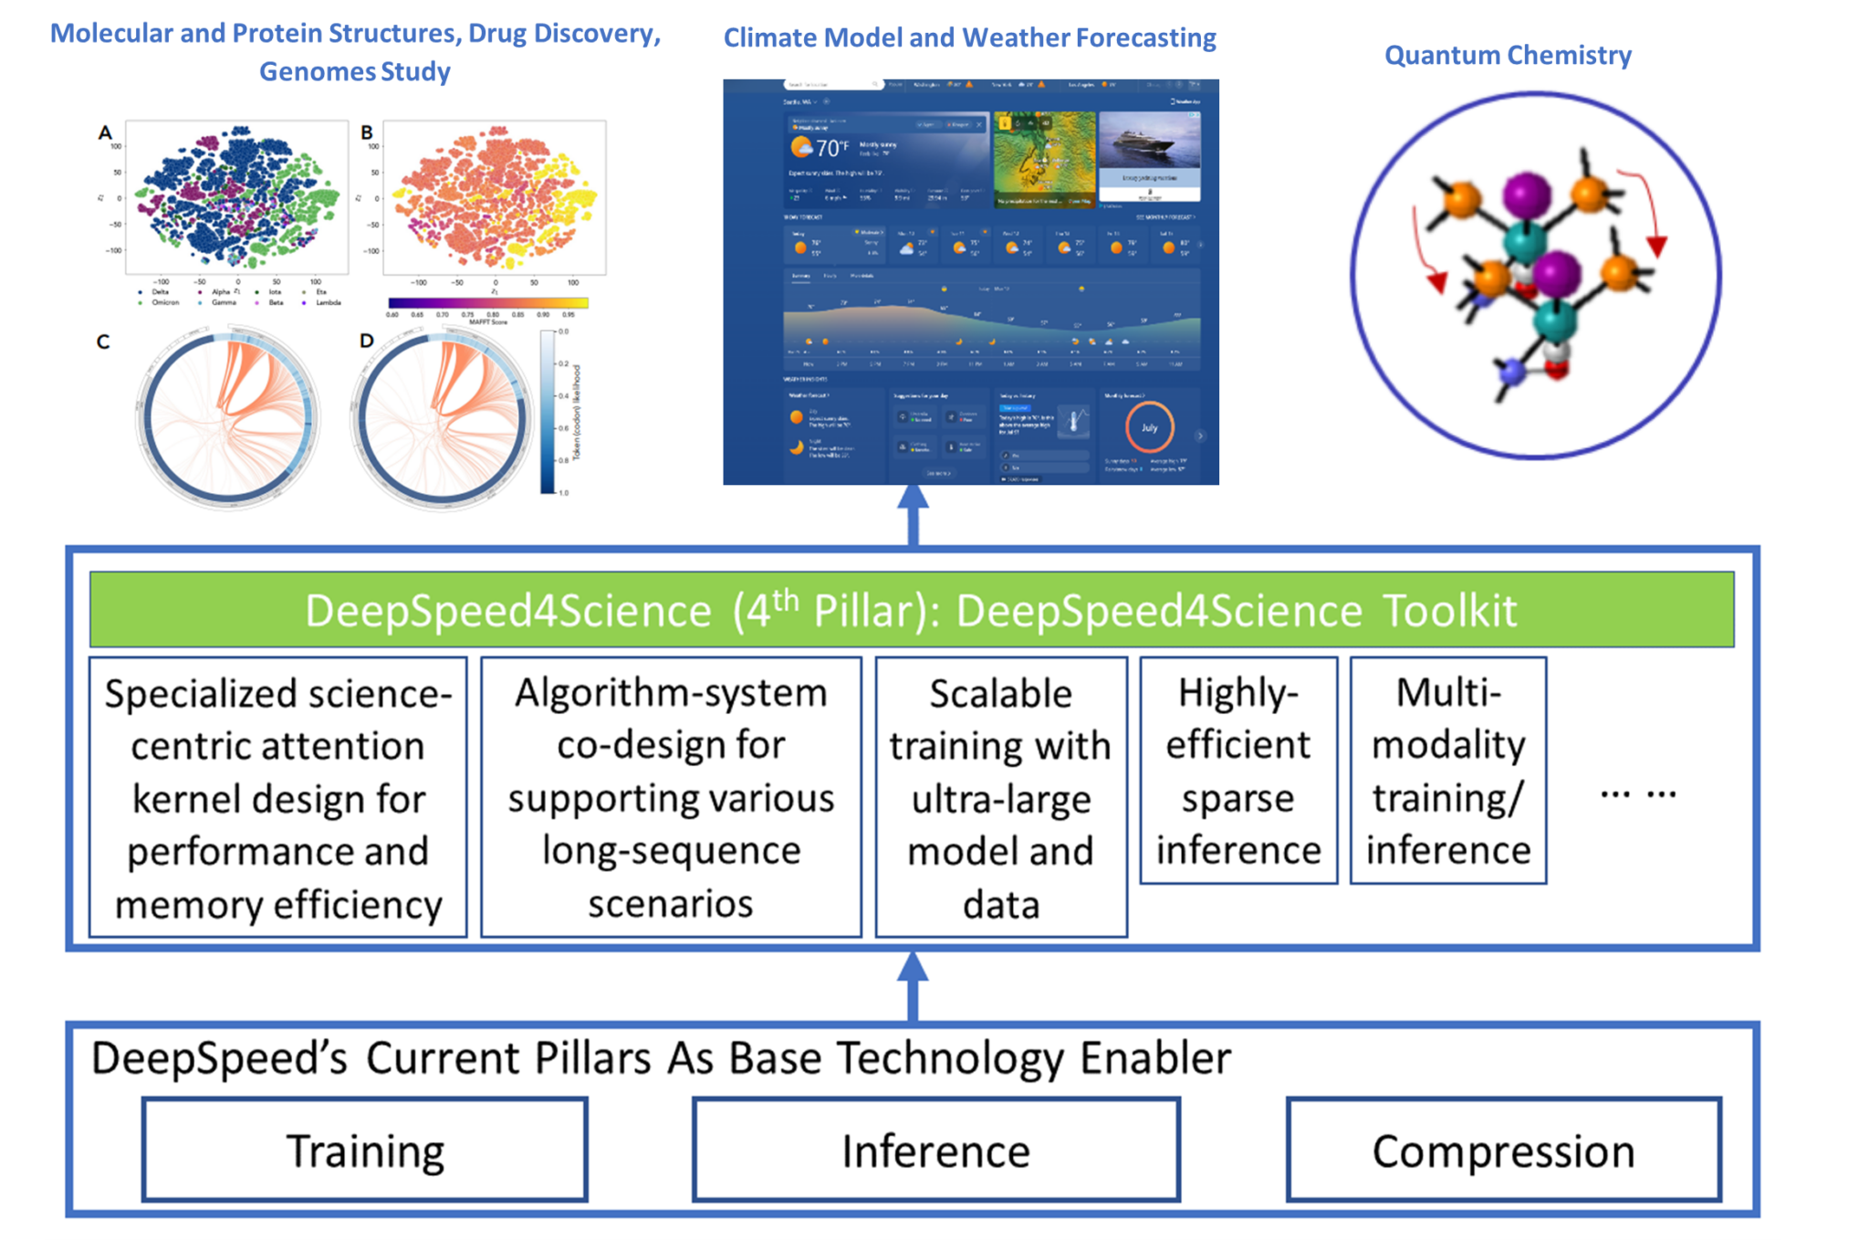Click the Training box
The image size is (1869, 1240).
click(x=364, y=1150)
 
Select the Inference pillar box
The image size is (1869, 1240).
click(x=935, y=1150)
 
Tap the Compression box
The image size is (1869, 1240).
click(x=1503, y=1150)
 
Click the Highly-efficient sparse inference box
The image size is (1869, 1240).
click(x=1238, y=771)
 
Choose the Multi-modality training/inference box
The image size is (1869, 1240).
click(x=1448, y=771)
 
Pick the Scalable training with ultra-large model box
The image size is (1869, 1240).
click(x=1001, y=797)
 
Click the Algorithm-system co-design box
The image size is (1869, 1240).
click(x=671, y=797)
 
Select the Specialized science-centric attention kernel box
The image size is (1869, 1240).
click(x=277, y=797)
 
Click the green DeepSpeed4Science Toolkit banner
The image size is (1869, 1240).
click(x=911, y=610)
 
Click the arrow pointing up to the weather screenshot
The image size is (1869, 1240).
click(x=913, y=516)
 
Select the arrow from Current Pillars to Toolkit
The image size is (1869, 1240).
click(x=913, y=986)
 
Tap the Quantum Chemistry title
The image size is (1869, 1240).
click(x=1508, y=56)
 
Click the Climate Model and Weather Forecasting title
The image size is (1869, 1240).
click(x=969, y=37)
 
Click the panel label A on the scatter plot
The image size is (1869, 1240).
click(x=104, y=133)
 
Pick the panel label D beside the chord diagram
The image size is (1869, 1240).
click(x=366, y=342)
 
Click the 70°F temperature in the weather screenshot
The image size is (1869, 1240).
click(x=830, y=148)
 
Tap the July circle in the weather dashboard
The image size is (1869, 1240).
click(x=1149, y=427)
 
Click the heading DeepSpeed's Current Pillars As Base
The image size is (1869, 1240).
click(x=661, y=1059)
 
